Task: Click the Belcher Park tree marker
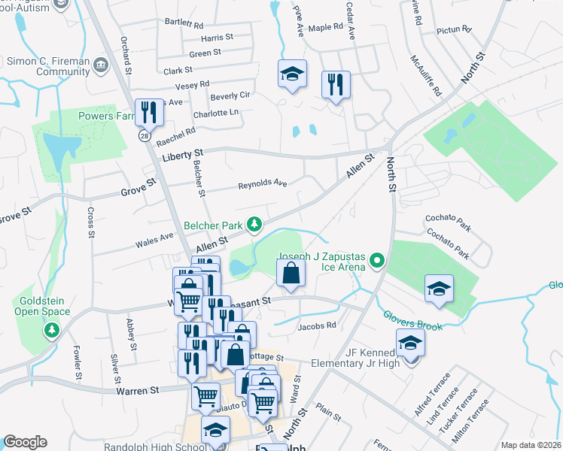(255, 225)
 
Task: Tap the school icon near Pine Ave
(292, 74)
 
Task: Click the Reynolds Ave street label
(263, 184)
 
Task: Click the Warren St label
(138, 391)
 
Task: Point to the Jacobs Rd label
(315, 327)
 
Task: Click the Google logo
(25, 442)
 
